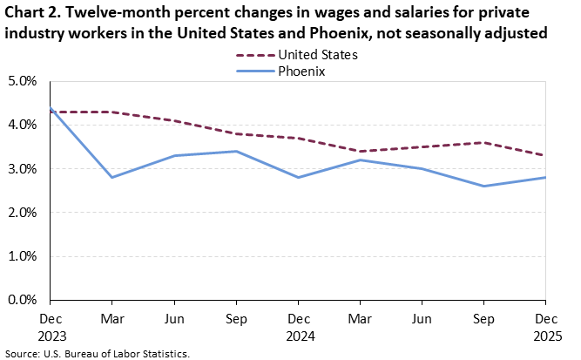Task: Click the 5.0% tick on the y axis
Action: click(x=21, y=81)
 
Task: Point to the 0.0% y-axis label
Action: click(x=21, y=300)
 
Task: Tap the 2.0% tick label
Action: click(x=21, y=213)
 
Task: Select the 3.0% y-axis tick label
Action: click(x=21, y=169)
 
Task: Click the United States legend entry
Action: click(x=317, y=55)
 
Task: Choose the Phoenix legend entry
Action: click(x=301, y=71)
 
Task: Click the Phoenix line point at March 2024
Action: click(x=112, y=177)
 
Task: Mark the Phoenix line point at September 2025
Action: click(x=484, y=186)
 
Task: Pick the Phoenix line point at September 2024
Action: click(x=237, y=151)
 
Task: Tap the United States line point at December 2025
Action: click(x=546, y=155)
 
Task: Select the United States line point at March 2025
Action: click(x=361, y=151)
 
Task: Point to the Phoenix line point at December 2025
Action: click(x=546, y=177)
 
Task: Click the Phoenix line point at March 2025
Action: click(x=361, y=160)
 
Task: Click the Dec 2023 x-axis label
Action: click(x=51, y=326)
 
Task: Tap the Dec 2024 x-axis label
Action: click(x=299, y=326)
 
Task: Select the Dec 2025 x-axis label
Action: click(x=546, y=326)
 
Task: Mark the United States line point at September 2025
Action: click(x=484, y=142)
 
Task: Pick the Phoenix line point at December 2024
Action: click(x=299, y=177)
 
